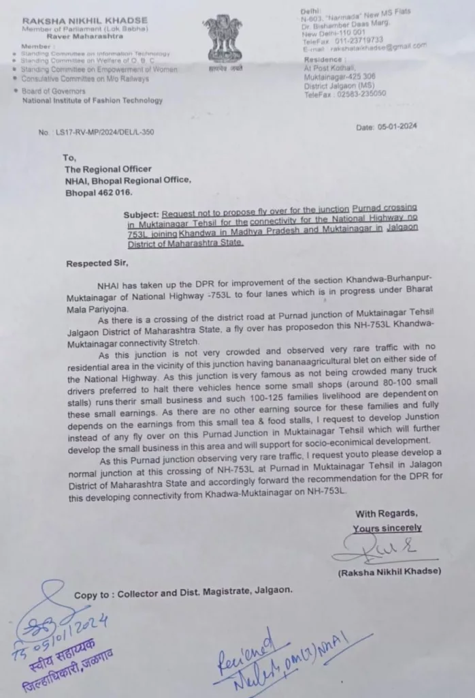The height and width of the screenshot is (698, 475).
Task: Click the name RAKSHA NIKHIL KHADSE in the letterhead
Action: pos(75,11)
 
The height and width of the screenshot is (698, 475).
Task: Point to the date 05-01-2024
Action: pos(387,127)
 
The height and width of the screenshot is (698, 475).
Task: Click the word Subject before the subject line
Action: pos(142,213)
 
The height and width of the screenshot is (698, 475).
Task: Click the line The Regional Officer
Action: pos(108,169)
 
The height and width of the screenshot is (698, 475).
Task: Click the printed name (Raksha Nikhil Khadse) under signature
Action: pos(389,571)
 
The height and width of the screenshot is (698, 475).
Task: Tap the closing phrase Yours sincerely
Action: pos(387,528)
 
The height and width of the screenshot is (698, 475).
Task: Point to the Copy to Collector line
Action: pos(183,594)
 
